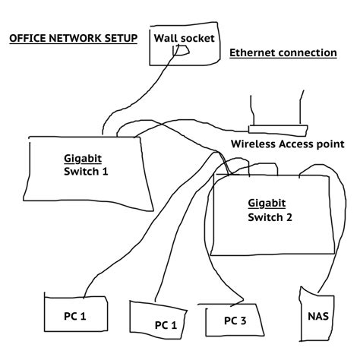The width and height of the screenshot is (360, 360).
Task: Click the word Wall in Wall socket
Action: pyautogui.click(x=165, y=38)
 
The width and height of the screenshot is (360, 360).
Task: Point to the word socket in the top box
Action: pyautogui.click(x=197, y=38)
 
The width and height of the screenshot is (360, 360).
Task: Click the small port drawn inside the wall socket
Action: pyautogui.click(x=181, y=50)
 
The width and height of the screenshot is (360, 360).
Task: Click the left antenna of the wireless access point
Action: pyautogui.click(x=252, y=110)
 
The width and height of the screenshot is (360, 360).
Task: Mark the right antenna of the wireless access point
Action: pyautogui.click(x=301, y=108)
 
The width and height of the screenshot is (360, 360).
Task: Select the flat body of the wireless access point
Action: pyautogui.click(x=278, y=129)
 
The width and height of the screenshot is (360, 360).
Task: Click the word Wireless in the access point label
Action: pyautogui.click(x=253, y=144)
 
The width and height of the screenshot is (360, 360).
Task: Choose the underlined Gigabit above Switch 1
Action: pyautogui.click(x=83, y=159)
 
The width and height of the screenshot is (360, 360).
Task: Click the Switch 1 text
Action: pyautogui.click(x=86, y=172)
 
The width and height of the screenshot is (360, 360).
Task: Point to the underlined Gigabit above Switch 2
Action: pyautogui.click(x=267, y=204)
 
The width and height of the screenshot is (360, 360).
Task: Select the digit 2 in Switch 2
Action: pyautogui.click(x=289, y=217)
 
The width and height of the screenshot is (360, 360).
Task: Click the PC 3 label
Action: pyautogui.click(x=235, y=321)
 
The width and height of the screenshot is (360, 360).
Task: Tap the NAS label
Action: pyautogui.click(x=318, y=316)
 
